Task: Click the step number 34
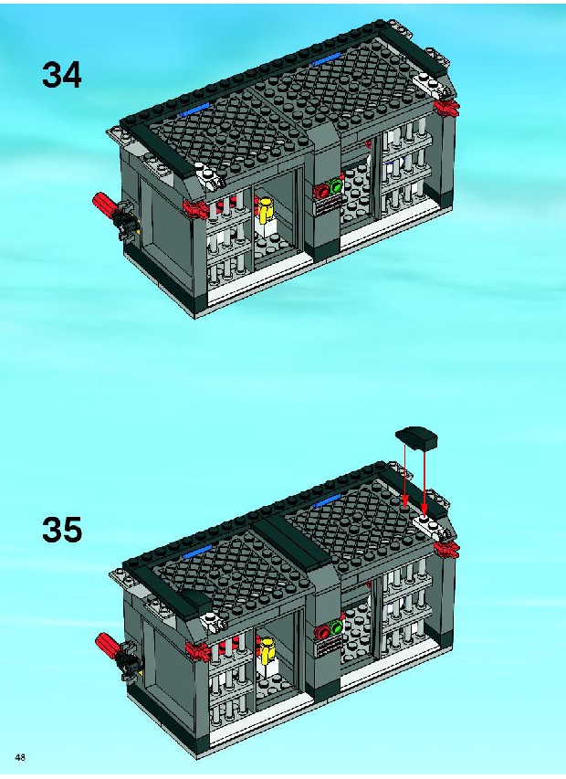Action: point(61,76)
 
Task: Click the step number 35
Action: point(61,530)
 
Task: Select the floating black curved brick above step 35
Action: point(417,437)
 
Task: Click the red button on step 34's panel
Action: point(323,191)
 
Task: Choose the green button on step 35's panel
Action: point(337,628)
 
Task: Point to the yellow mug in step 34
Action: point(266,208)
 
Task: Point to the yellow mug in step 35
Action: point(267,649)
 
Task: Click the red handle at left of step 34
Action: point(105,204)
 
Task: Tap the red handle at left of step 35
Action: point(108,644)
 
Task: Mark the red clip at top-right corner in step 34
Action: point(446,108)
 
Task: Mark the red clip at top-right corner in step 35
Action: point(446,549)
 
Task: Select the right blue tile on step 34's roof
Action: point(327,59)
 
